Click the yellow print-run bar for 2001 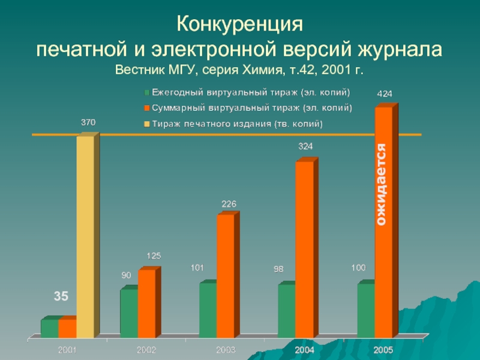click(85, 237)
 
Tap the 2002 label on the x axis click(146, 349)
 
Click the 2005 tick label click(384, 349)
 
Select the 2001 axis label click(67, 349)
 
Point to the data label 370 click(88, 122)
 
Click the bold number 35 click(61, 296)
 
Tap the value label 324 click(305, 146)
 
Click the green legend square click(146, 93)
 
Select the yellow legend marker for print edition click(146, 125)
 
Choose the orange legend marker click(146, 109)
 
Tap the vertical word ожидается click(382, 185)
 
